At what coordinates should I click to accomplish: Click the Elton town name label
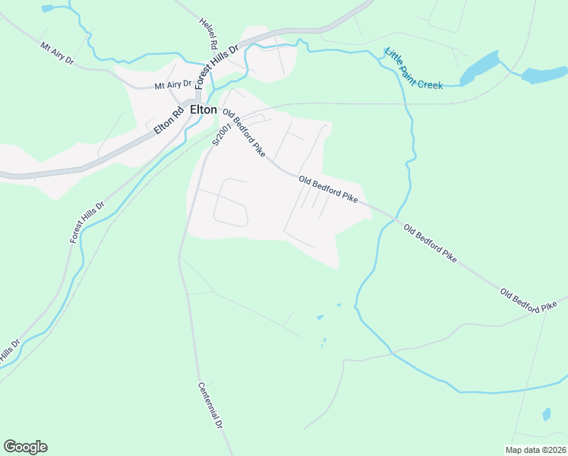click(x=203, y=109)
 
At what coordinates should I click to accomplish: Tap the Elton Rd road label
click(x=169, y=120)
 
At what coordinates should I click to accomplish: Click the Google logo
click(x=25, y=447)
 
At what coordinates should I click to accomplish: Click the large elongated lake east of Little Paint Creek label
click(x=479, y=68)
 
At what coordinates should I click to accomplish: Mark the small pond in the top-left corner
click(x=48, y=8)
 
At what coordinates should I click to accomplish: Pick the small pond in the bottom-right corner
click(x=547, y=414)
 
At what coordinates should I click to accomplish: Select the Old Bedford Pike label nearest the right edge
click(x=529, y=299)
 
